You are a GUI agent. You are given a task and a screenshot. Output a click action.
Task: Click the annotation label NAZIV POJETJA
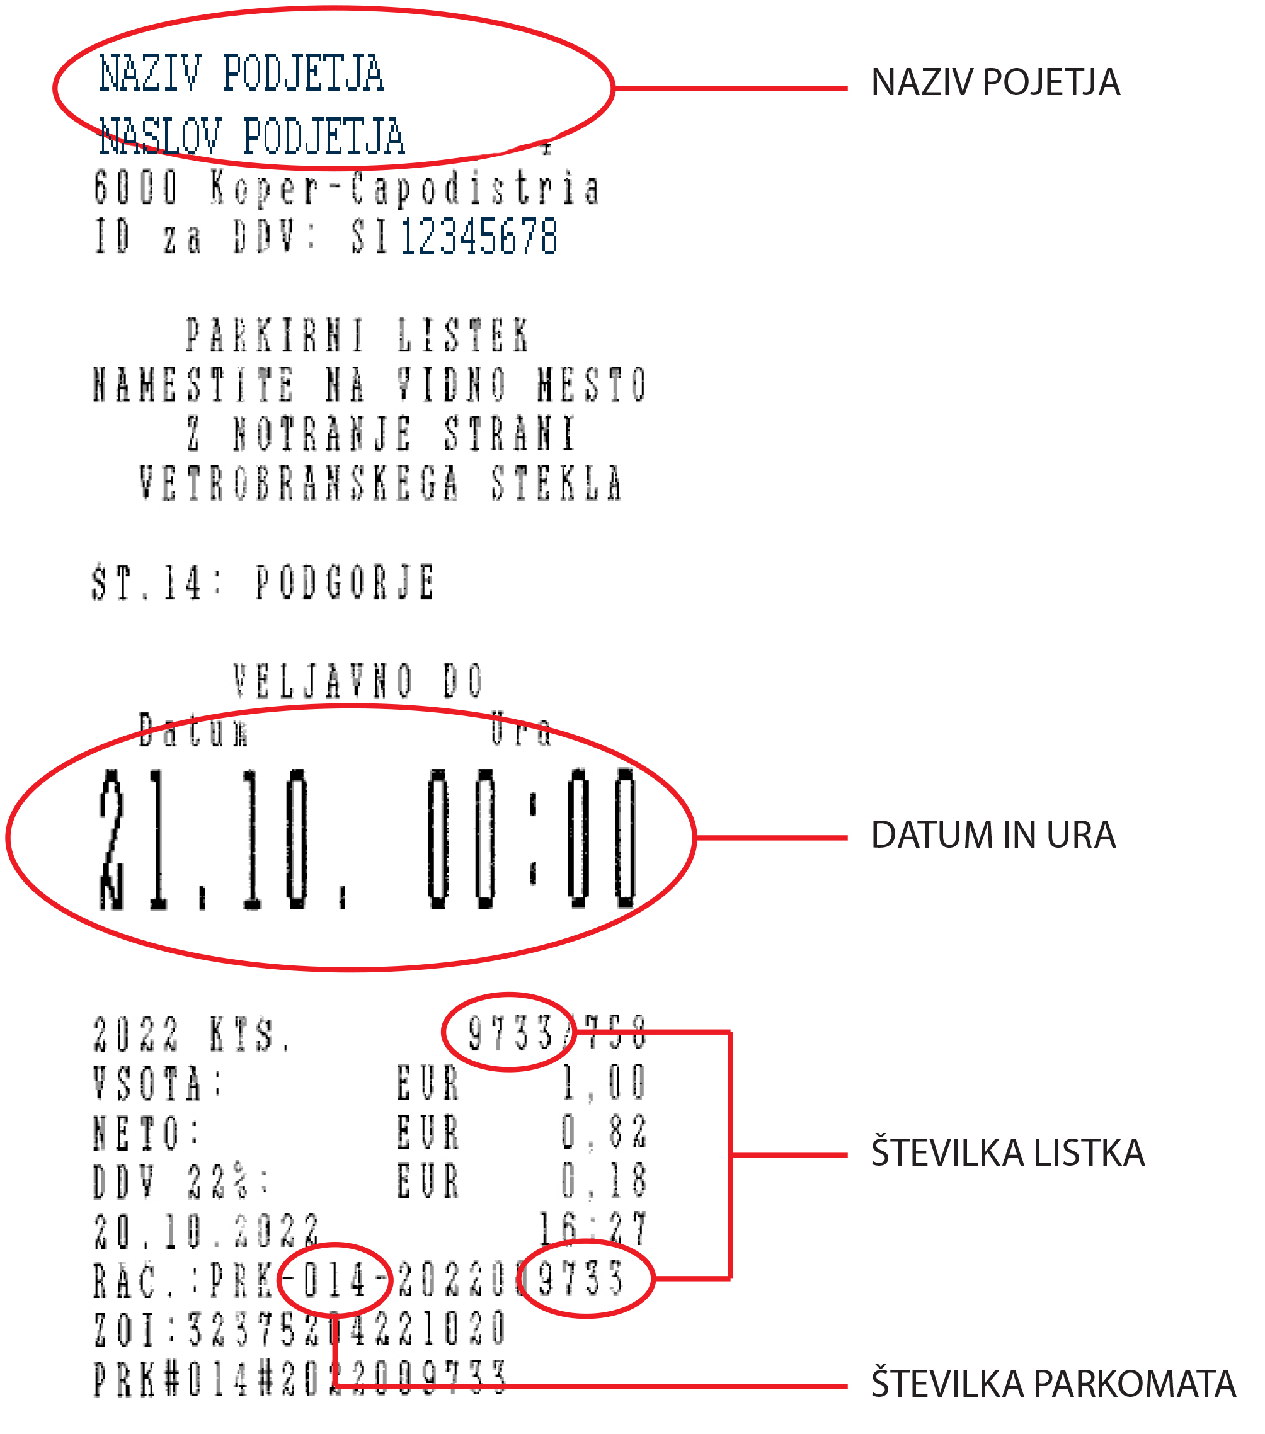(x=994, y=84)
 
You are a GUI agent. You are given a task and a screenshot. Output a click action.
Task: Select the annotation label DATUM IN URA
(x=992, y=836)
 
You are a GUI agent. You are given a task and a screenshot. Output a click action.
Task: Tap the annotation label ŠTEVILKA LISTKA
(x=1007, y=1154)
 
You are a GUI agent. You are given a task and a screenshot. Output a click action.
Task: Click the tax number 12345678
(x=479, y=237)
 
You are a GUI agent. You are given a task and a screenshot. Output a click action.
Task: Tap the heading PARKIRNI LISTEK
(x=357, y=336)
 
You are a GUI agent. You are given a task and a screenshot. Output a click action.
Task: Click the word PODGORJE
(x=345, y=583)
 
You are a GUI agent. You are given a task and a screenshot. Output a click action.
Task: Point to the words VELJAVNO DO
(x=358, y=681)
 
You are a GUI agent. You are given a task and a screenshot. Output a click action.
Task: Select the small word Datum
(x=193, y=731)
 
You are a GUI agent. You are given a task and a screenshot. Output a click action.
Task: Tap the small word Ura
(x=520, y=731)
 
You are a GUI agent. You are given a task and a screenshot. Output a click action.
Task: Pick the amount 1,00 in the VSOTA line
(x=604, y=1083)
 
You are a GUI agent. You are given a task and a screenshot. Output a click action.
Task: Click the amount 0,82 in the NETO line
(x=604, y=1132)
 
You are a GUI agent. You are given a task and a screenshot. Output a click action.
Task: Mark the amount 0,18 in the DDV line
(x=604, y=1181)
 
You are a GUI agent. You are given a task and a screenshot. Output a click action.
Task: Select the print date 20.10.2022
(x=206, y=1231)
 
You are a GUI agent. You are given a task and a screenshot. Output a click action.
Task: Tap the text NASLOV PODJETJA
(x=251, y=137)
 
